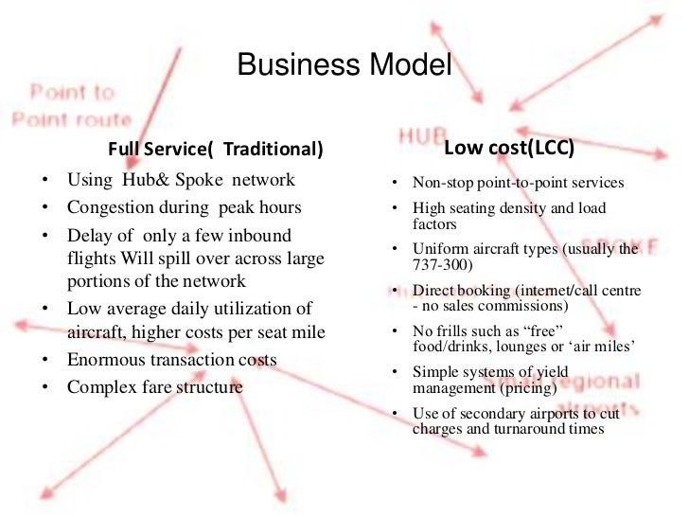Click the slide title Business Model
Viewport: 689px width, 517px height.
click(x=344, y=67)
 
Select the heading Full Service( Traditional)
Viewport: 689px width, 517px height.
click(x=215, y=150)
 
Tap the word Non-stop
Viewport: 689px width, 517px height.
click(x=439, y=183)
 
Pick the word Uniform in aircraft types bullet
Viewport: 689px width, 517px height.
click(x=438, y=249)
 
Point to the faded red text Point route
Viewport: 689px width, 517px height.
click(x=71, y=119)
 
